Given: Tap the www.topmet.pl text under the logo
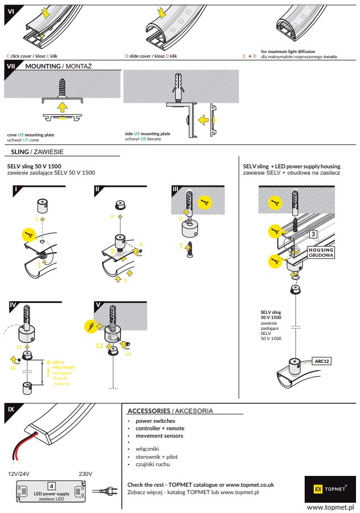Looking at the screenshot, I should pos(331,507).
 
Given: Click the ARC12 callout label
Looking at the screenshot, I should pos(323,361).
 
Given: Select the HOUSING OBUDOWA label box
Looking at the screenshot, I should pos(321,252).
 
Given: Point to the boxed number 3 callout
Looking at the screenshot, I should pos(313,234).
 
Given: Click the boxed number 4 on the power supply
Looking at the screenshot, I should pos(51,485).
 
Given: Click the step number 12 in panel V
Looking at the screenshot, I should pos(99,345).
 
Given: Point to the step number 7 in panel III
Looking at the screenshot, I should pos(181,246).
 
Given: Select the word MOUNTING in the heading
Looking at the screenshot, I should pos(43,66).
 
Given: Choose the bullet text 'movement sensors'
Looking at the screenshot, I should pos(160,435).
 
